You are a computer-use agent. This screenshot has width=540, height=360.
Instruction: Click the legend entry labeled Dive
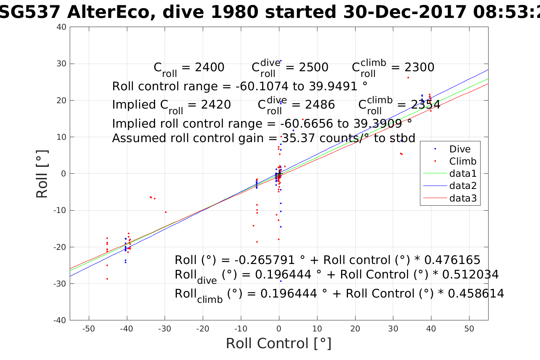(460, 149)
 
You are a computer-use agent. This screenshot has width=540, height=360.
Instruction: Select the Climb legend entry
(463, 161)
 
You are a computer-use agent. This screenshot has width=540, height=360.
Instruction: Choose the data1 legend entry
(463, 174)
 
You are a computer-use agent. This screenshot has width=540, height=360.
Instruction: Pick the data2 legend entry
(463, 186)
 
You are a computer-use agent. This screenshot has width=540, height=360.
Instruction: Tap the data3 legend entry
(463, 198)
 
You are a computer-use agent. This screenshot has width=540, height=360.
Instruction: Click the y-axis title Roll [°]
(42, 174)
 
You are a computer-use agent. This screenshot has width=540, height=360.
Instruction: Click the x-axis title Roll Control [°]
(279, 343)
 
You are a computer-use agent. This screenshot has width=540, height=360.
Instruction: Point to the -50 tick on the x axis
(88, 329)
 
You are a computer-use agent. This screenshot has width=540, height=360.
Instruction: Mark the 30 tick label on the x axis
(393, 329)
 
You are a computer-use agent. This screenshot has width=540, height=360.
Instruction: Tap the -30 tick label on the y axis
(61, 284)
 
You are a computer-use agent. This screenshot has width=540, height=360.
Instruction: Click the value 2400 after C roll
(210, 67)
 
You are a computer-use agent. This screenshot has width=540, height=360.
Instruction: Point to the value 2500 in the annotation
(314, 67)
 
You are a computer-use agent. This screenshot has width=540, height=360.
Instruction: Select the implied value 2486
(320, 105)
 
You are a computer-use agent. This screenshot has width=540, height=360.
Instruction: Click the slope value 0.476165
(452, 260)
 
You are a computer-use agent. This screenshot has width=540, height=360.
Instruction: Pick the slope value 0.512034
(471, 275)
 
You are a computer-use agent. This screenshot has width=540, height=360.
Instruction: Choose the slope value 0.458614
(476, 294)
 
